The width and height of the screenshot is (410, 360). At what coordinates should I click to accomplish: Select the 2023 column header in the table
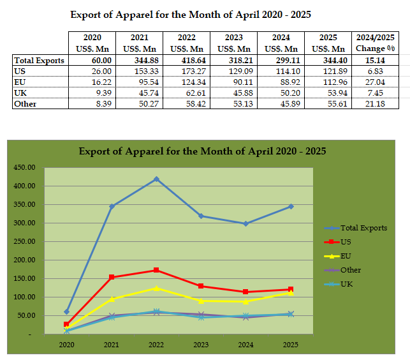point(234,43)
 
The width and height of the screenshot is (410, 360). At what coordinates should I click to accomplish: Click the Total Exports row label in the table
point(40,61)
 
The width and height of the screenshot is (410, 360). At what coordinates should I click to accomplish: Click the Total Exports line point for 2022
point(156,179)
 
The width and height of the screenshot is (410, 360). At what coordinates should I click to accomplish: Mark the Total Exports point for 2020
point(67,312)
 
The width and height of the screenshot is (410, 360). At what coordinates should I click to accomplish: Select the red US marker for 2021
point(112,277)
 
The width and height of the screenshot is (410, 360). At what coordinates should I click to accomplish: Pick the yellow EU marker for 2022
point(156,288)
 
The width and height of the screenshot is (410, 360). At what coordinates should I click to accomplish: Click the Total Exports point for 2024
point(246,223)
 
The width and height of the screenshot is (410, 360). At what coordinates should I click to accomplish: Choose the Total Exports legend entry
point(363,228)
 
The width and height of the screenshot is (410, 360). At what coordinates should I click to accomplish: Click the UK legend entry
point(346,284)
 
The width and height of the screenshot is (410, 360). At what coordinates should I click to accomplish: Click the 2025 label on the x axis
point(291,345)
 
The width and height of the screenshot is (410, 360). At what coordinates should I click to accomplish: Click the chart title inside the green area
point(202,151)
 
